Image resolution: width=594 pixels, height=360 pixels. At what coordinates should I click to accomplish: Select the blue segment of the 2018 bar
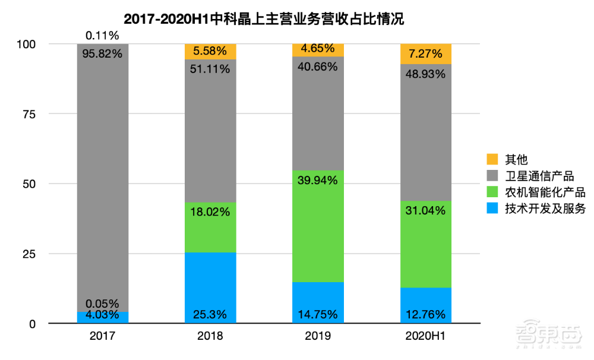click(x=210, y=279)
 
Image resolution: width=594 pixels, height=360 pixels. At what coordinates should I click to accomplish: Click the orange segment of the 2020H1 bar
click(x=425, y=53)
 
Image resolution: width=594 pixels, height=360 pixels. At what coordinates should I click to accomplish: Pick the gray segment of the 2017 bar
click(x=103, y=178)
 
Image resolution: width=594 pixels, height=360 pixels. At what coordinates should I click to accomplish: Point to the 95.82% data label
click(x=103, y=53)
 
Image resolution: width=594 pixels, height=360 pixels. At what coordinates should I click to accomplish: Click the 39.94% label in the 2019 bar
click(x=318, y=181)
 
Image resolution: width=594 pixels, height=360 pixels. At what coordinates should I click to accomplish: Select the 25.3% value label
click(x=210, y=314)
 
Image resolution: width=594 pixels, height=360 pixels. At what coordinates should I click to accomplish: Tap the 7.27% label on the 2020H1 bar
click(x=425, y=54)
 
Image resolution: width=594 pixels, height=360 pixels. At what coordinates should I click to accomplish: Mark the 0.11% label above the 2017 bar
click(x=103, y=36)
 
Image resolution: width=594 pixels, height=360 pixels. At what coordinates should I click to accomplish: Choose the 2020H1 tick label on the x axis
click(x=425, y=336)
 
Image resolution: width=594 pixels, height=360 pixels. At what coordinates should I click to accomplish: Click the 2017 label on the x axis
click(x=103, y=336)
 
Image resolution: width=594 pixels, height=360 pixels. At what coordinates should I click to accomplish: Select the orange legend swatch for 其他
click(x=492, y=159)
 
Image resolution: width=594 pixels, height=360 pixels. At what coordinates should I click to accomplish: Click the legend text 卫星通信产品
click(x=539, y=176)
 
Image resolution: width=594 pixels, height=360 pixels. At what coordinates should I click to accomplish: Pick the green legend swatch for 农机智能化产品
click(x=492, y=192)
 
